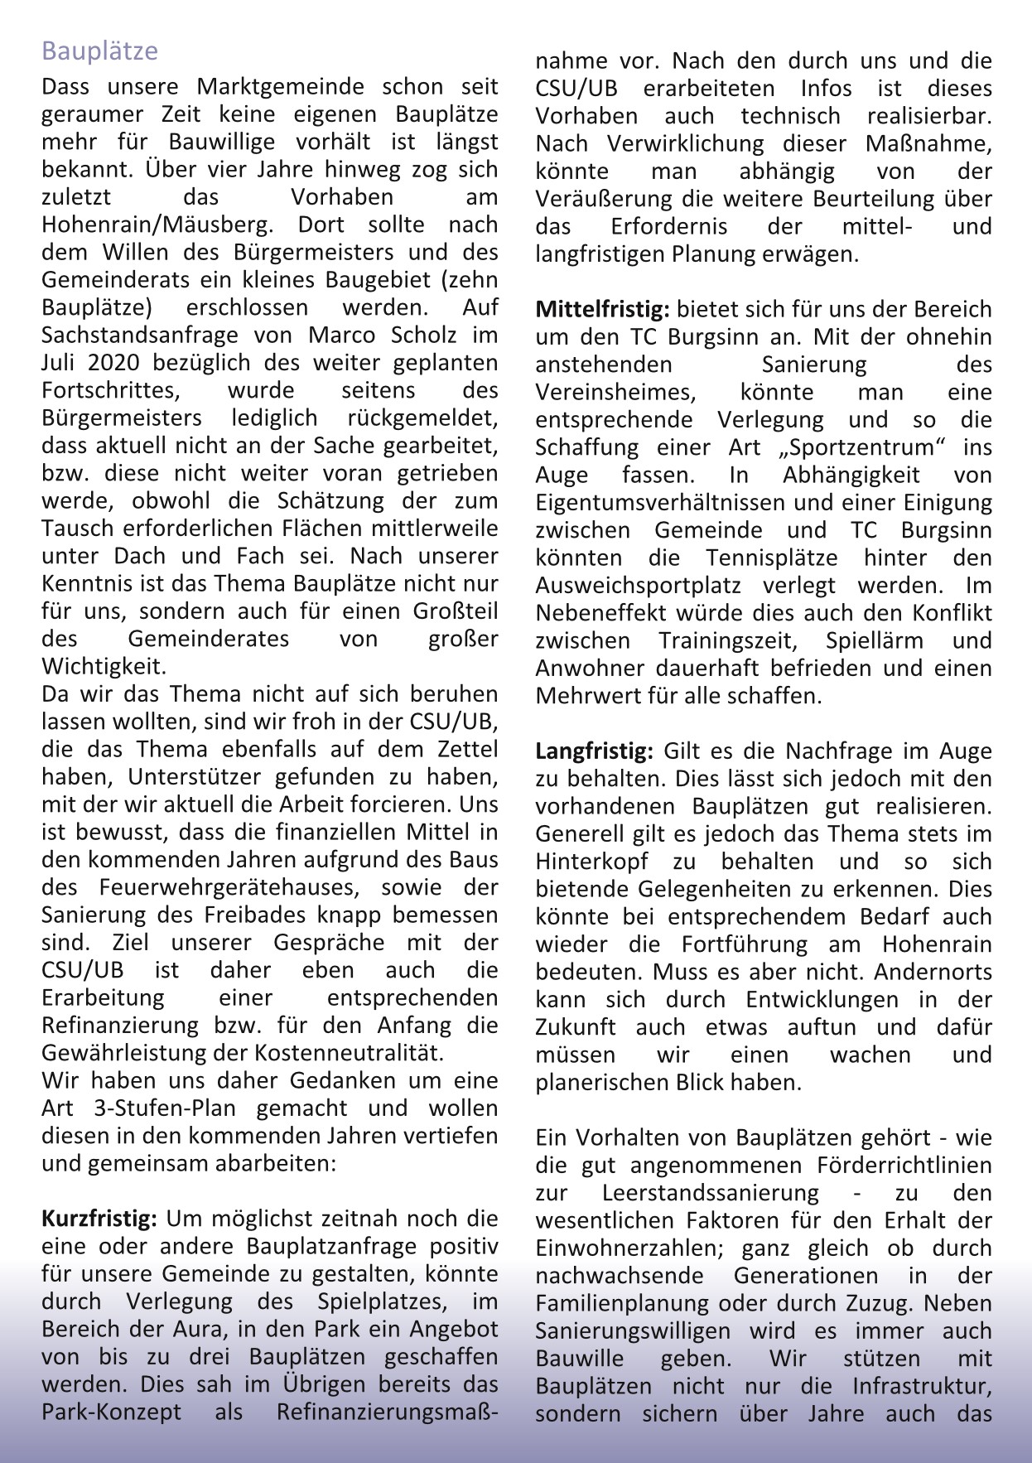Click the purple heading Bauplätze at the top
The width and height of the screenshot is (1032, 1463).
coord(99,51)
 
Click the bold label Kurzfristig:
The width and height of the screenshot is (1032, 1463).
coord(99,1219)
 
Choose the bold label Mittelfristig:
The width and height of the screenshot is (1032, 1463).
coord(602,310)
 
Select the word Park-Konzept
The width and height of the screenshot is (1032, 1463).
coord(111,1412)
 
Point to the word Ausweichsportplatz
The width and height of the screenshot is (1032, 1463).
coord(638,586)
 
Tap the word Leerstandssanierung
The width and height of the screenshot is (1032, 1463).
coord(710,1194)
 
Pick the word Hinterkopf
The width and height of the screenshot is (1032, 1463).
coord(591,862)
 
